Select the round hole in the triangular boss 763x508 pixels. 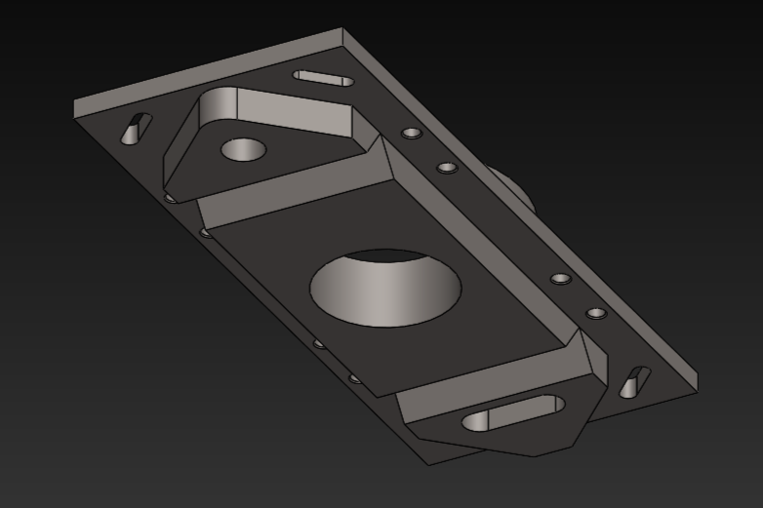coord(243,150)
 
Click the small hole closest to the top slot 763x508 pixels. coord(412,132)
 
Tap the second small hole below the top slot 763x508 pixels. coord(447,168)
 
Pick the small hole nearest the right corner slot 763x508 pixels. coord(595,314)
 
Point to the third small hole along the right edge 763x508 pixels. coord(560,279)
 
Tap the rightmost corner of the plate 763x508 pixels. coord(698,382)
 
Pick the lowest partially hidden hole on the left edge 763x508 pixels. coord(354,377)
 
